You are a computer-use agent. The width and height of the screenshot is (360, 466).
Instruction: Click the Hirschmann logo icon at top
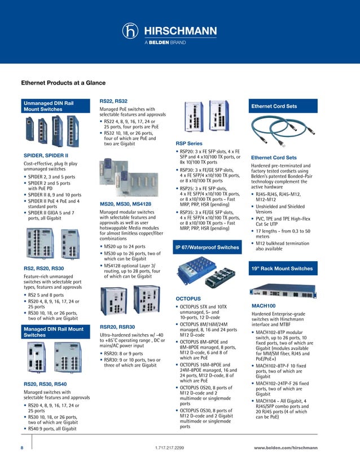point(132,32)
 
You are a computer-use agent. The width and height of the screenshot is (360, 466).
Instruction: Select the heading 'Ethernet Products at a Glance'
point(64,82)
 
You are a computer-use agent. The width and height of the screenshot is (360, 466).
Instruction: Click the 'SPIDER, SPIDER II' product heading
point(46,155)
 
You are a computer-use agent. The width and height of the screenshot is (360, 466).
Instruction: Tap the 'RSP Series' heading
point(189,144)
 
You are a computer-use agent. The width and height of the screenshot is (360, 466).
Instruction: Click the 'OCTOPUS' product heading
point(188,297)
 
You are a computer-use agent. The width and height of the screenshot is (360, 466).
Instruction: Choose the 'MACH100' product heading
point(263,305)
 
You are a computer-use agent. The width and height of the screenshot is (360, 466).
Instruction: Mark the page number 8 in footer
point(21,447)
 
